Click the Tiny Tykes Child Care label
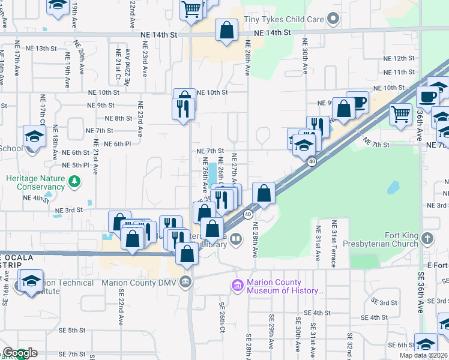point(283,20)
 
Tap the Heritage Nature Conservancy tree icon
point(74,181)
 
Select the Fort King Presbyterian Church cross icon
point(427,239)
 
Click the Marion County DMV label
point(139,282)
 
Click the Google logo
point(20,353)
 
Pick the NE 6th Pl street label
point(117,144)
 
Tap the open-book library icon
point(237,240)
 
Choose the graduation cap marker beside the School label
point(34,137)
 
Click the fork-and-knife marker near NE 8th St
point(183,110)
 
